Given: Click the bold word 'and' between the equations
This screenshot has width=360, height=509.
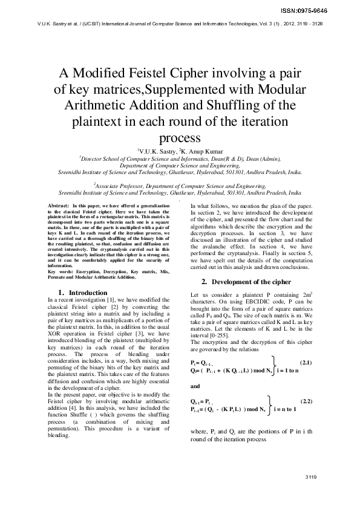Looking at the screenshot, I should click(x=195, y=385).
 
